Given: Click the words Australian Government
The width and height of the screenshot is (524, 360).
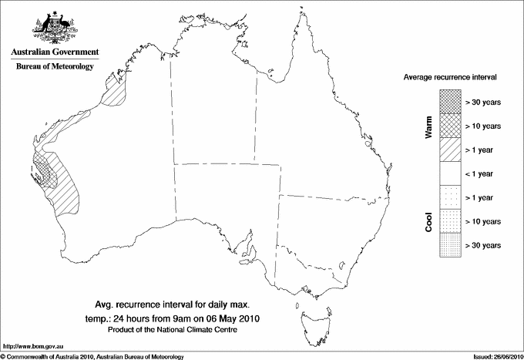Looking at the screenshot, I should tap(54, 52).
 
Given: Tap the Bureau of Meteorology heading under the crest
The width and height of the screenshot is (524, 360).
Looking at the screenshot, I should tap(54, 67).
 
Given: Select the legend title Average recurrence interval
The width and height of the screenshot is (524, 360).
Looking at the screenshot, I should tap(450, 78).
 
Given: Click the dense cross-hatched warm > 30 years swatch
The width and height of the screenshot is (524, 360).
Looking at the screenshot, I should tap(449, 101).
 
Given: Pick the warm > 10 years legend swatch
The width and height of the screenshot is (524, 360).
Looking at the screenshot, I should tap(449, 125).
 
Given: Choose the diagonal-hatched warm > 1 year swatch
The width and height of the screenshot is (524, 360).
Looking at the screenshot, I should tap(449, 149).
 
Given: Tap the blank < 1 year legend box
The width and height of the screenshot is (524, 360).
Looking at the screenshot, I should tap(449, 173).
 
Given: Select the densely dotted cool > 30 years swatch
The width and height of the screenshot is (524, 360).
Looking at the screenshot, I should tap(449, 244).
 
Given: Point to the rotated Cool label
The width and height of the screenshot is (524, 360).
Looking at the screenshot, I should tap(428, 221).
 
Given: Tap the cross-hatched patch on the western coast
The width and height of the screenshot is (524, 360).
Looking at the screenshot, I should tap(42, 170).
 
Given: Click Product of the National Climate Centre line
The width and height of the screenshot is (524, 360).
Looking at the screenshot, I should tap(179, 330).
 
